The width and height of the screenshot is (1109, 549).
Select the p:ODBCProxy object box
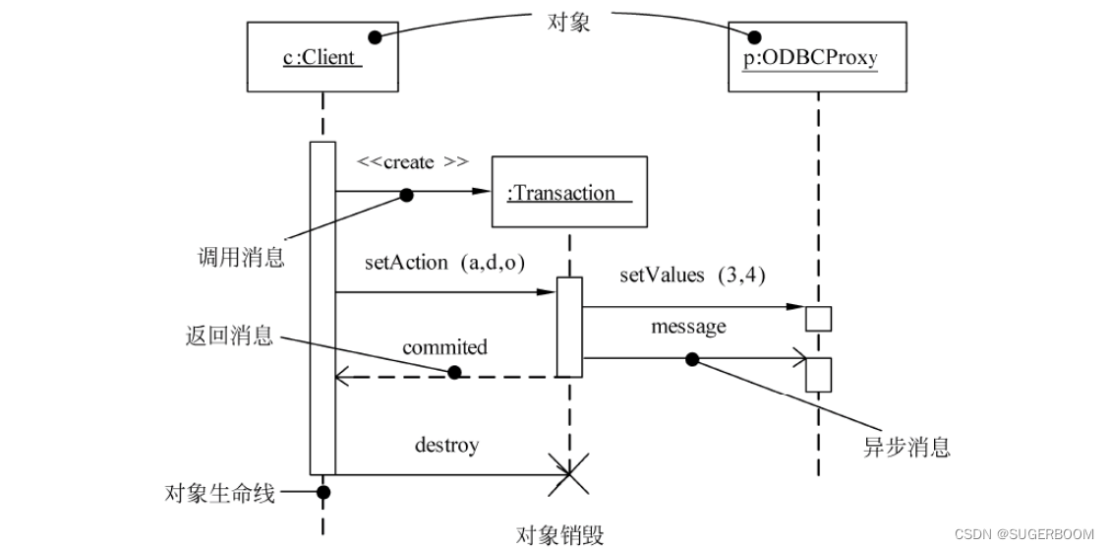(817, 58)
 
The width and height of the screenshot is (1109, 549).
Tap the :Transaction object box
(568, 193)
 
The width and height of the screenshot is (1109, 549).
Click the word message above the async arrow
(688, 326)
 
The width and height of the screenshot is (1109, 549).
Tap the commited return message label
(444, 347)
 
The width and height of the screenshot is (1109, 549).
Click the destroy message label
(446, 445)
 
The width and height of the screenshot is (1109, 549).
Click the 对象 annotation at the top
(567, 22)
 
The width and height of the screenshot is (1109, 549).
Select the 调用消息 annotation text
(241, 259)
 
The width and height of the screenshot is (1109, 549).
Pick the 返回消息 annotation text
(228, 335)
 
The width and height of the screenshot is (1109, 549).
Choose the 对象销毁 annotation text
(560, 534)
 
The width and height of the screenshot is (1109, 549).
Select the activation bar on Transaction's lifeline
(569, 327)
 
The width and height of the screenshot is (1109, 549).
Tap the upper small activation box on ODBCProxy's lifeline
(818, 318)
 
